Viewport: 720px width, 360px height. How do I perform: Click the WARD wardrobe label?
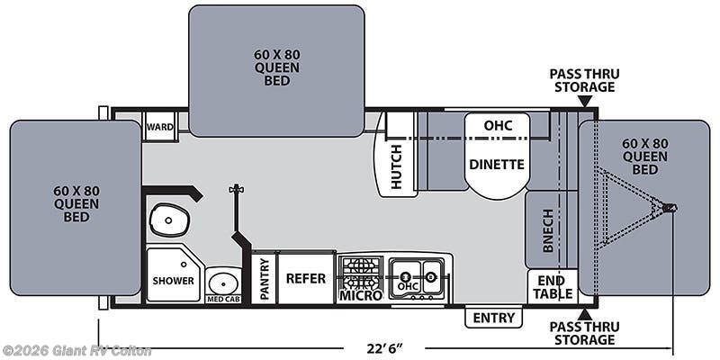[x=159, y=127]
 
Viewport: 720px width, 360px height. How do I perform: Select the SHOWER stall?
[x=172, y=280]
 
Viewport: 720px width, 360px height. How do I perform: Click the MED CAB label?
[x=221, y=299]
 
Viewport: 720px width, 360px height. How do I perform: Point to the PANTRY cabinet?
[x=265, y=278]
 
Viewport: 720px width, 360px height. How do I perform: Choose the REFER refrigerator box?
[x=305, y=278]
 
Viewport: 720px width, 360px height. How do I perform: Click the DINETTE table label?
[x=496, y=165]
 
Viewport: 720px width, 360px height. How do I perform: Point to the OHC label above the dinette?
[x=497, y=125]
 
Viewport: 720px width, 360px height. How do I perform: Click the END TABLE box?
[x=552, y=286]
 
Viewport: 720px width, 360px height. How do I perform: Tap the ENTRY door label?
[x=494, y=318]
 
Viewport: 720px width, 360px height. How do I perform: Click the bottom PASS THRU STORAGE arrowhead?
[x=586, y=314]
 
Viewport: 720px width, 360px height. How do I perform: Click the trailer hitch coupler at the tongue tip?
[x=670, y=208]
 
